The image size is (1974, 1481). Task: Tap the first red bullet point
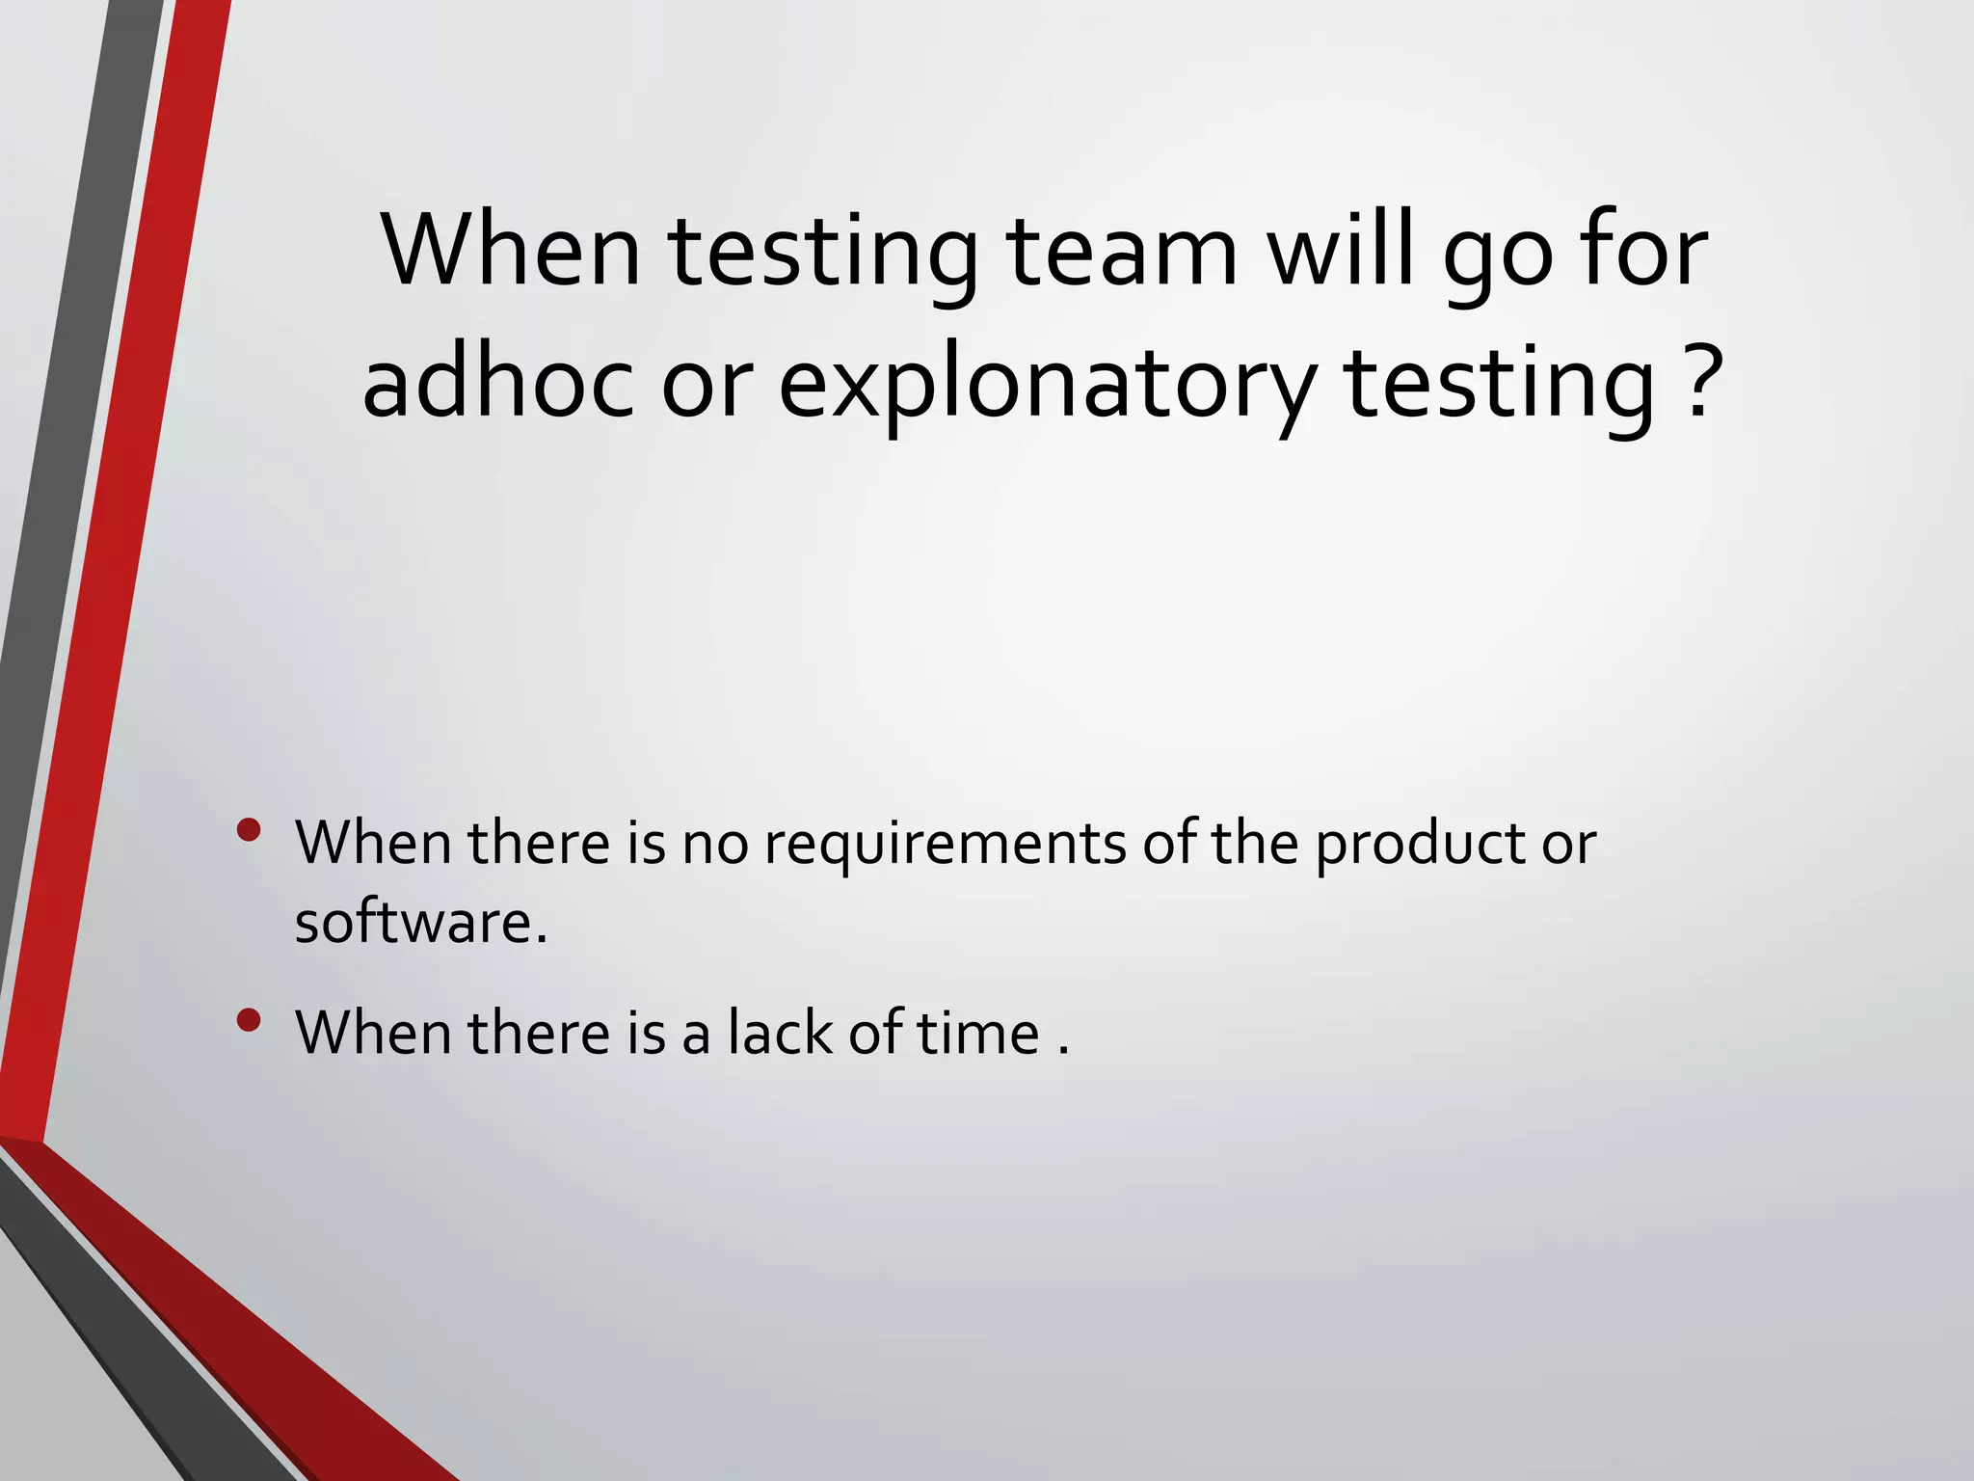point(249,830)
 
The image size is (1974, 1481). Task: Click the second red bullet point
point(249,1020)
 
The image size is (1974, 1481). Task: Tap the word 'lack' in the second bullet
point(779,1033)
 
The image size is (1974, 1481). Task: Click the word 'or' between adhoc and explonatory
point(706,384)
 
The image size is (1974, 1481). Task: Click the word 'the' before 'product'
point(1255,843)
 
